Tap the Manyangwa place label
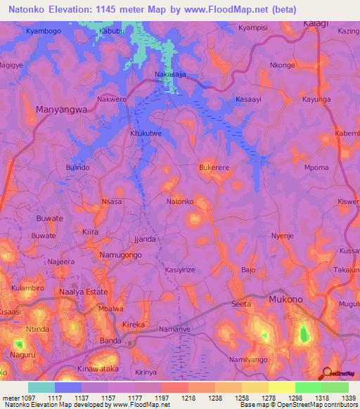pos(61,110)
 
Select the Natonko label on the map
pos(180,202)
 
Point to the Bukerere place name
pos(216,169)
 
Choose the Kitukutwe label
pos(146,132)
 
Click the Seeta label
pos(241,304)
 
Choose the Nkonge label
pos(283,65)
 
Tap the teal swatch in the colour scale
pos(41,387)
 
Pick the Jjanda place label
pos(145,239)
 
